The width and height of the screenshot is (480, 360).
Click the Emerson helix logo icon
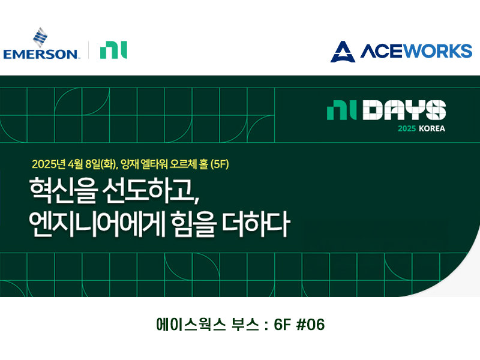pyautogui.click(x=41, y=37)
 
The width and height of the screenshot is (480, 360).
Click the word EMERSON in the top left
pyautogui.click(x=41, y=54)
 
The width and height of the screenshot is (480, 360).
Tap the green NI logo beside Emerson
pyautogui.click(x=113, y=50)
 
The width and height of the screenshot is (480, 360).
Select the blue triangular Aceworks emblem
pyautogui.click(x=343, y=52)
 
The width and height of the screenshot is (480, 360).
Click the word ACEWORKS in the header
pyautogui.click(x=416, y=52)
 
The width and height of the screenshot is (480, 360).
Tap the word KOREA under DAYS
pyautogui.click(x=430, y=128)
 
